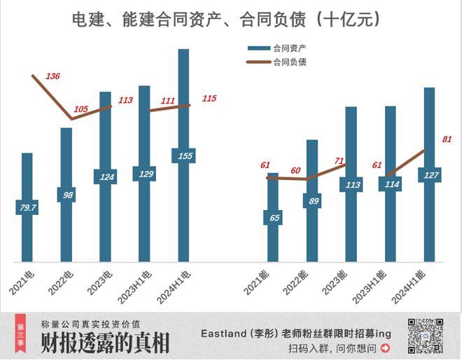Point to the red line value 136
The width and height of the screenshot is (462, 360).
click(52, 76)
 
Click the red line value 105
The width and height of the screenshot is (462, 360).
click(81, 109)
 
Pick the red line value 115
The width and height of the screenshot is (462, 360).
click(209, 99)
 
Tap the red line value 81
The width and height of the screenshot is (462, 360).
click(447, 139)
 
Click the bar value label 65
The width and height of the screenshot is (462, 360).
click(273, 218)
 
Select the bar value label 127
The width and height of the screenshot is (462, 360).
click(429, 175)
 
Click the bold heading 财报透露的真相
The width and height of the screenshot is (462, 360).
click(105, 343)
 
